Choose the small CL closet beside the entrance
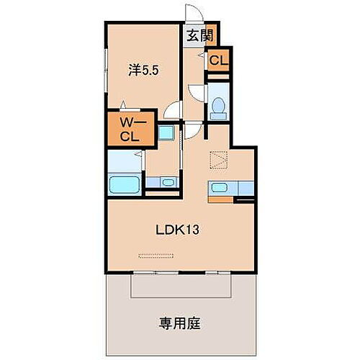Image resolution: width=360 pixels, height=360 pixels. click(217, 61)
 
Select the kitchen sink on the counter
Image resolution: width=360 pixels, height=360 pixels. click(220, 189)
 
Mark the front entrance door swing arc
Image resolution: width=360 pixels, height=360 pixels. click(191, 14)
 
